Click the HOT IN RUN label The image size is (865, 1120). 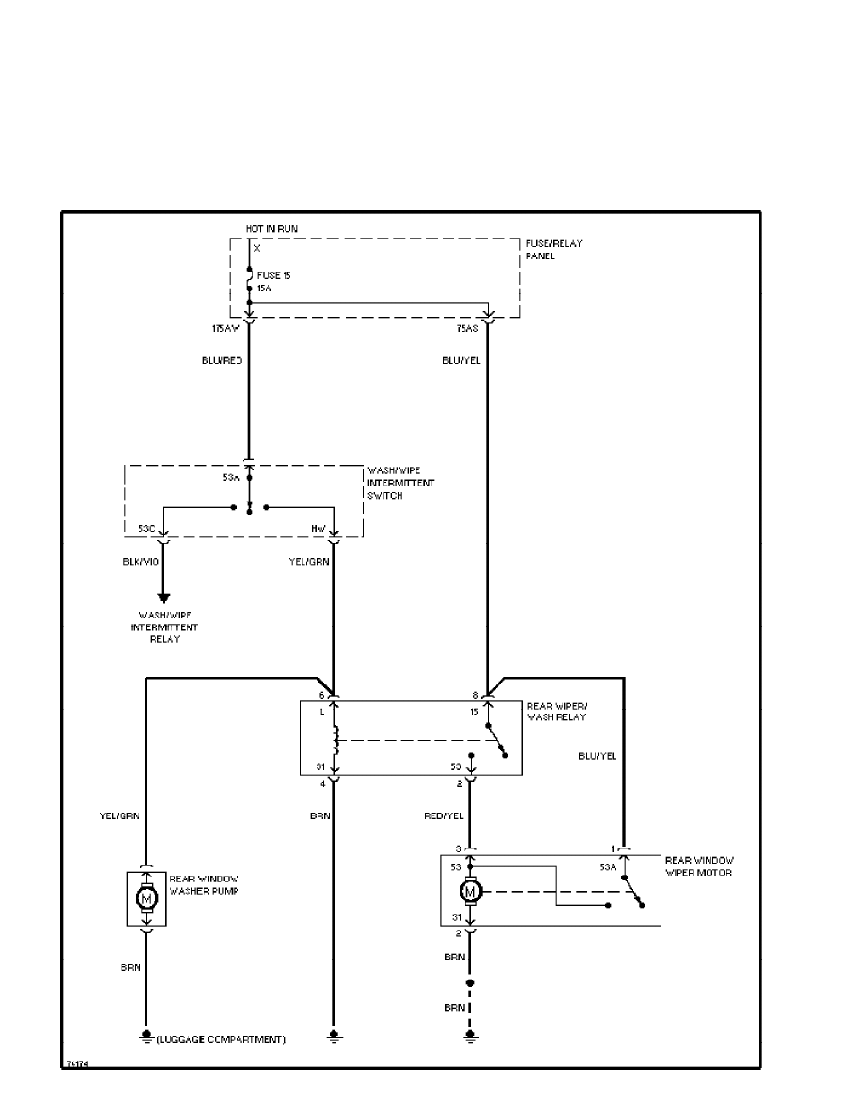pyautogui.click(x=270, y=229)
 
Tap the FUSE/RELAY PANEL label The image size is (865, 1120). pyautogui.click(x=553, y=250)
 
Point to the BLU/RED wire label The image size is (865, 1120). pyautogui.click(x=222, y=360)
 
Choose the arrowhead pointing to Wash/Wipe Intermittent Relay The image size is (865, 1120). pyautogui.click(x=163, y=597)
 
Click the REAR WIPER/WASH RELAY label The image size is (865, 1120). pyautogui.click(x=556, y=711)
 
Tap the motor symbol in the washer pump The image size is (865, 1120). pyautogui.click(x=146, y=898)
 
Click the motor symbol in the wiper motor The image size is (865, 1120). pyautogui.click(x=470, y=891)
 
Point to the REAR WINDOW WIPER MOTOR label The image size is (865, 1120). pyautogui.click(x=699, y=865)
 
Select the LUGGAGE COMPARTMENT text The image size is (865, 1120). pyautogui.click(x=223, y=1040)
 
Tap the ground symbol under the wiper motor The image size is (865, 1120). pyautogui.click(x=469, y=1038)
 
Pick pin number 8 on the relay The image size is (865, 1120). pyautogui.click(x=476, y=695)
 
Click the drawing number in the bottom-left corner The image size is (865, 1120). pyautogui.click(x=75, y=1063)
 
